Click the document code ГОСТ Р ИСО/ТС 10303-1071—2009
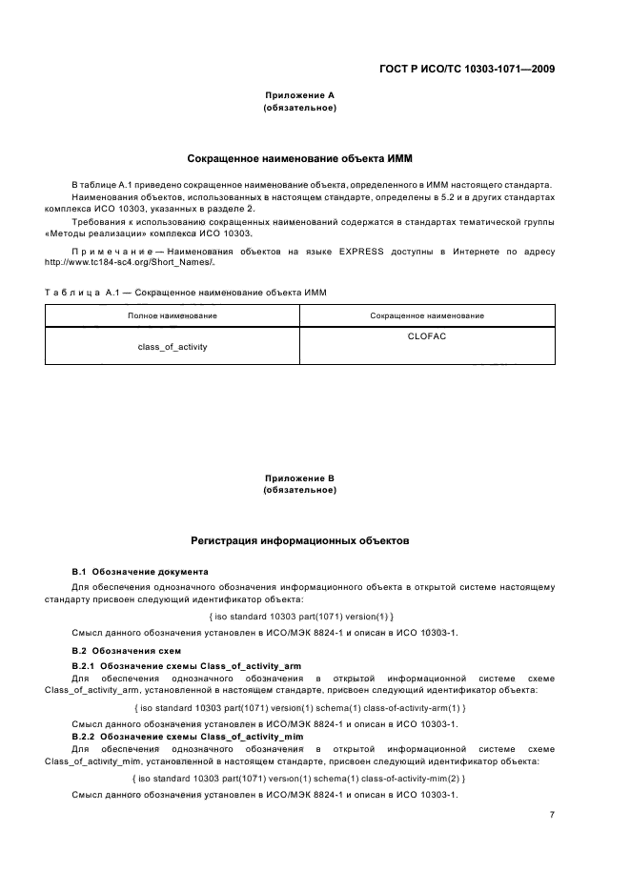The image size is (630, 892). click(x=465, y=70)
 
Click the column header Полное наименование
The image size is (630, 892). click(x=173, y=315)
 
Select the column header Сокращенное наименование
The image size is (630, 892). click(x=426, y=315)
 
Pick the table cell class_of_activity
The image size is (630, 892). click(x=173, y=347)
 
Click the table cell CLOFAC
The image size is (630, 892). click(x=426, y=336)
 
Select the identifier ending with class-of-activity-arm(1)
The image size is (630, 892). click(x=300, y=708)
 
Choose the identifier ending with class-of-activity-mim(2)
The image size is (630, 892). click(x=300, y=779)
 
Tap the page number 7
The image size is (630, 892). click(x=552, y=815)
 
